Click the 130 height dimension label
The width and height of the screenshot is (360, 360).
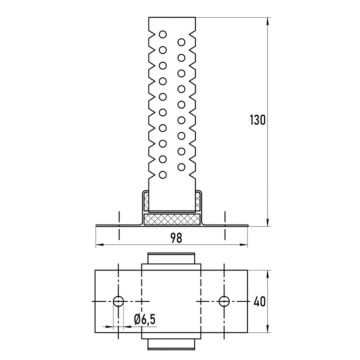point(258,120)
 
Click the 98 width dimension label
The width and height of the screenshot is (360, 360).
point(176,238)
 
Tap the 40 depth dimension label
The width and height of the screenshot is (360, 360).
point(260,301)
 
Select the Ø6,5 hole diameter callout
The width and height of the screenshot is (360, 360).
point(145,320)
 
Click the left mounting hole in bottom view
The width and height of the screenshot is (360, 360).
point(118,301)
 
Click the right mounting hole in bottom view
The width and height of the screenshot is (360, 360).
point(224,301)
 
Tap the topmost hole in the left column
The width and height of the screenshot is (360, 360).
point(163,34)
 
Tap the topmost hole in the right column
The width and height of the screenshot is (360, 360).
point(181,42)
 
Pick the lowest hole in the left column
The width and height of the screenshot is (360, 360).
point(163,174)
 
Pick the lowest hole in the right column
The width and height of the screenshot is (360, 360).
point(181,167)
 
